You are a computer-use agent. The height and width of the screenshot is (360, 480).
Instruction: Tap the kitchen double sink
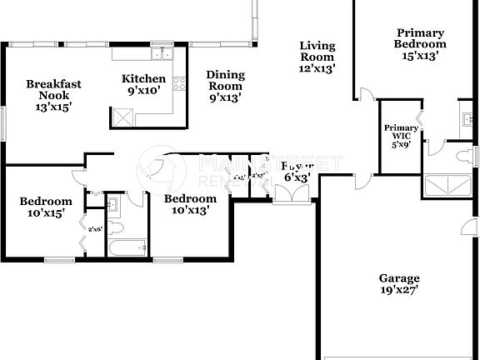click(x=160, y=54)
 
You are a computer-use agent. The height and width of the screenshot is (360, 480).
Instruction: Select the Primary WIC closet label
click(x=401, y=134)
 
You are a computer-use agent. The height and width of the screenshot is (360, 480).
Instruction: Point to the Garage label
click(x=399, y=278)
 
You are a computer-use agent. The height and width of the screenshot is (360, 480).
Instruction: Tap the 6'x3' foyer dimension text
click(x=297, y=177)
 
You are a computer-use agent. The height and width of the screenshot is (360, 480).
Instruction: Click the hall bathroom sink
click(x=115, y=202)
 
